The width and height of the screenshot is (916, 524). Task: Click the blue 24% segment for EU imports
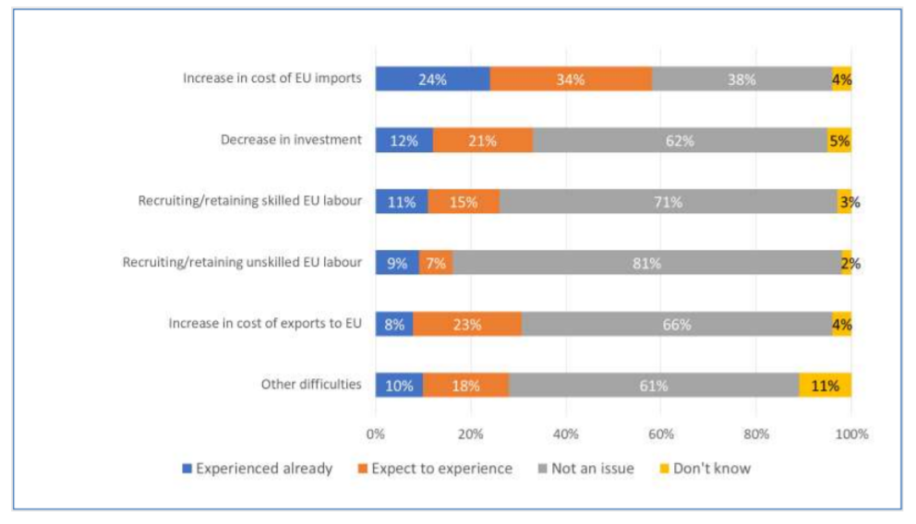point(432,79)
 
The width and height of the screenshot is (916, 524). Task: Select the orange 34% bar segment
point(570,79)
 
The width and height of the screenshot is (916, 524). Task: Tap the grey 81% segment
point(646,263)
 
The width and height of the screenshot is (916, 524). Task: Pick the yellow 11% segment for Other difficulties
point(825,386)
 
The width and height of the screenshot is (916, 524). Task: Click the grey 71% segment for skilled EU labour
point(668,202)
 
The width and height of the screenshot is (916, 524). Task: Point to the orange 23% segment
point(467,325)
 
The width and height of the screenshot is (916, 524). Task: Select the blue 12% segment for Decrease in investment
point(404,141)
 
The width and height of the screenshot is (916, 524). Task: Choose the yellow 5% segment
point(838,141)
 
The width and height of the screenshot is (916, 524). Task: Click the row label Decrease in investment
point(291,140)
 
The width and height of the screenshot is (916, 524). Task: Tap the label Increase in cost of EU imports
point(272,78)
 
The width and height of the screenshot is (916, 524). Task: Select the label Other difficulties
point(310,384)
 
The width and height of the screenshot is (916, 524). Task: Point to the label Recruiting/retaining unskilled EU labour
point(242,262)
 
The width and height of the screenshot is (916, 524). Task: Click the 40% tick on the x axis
point(566,434)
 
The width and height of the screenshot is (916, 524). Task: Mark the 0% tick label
point(376,434)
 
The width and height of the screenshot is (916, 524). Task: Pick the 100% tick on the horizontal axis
point(851,434)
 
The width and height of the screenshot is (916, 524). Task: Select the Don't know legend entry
point(712,469)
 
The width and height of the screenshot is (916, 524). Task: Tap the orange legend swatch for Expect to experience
point(363,469)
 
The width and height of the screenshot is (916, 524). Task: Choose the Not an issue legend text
point(592,469)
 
